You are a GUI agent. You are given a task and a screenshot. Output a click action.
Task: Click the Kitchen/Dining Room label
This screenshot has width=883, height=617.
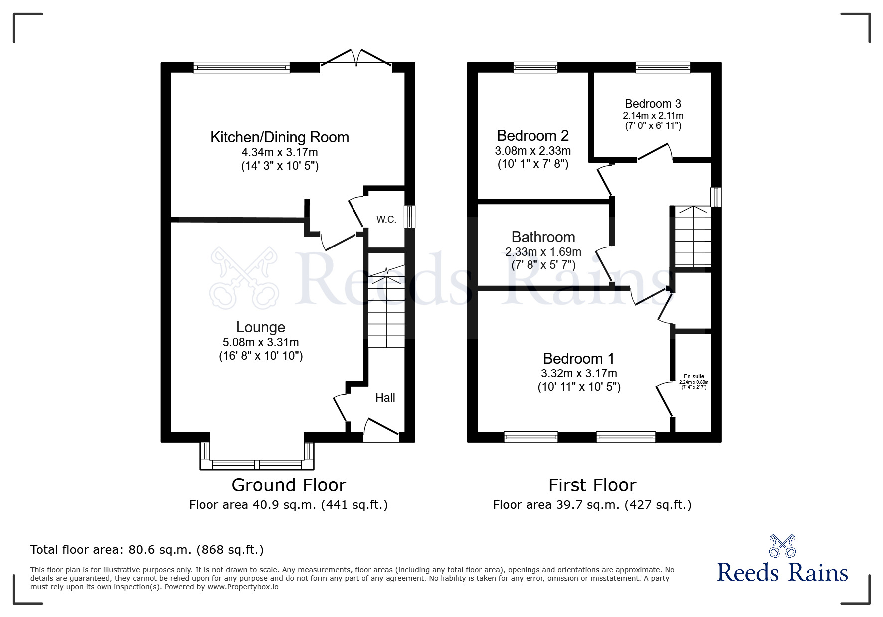(279, 137)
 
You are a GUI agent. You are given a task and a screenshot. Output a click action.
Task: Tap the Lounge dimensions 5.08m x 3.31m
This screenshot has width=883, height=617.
(261, 342)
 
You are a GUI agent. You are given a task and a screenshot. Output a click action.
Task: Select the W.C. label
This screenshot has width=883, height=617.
(386, 219)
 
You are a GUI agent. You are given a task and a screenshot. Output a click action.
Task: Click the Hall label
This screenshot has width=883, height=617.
(385, 397)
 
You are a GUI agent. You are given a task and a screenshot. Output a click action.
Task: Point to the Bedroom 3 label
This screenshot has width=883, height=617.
(653, 104)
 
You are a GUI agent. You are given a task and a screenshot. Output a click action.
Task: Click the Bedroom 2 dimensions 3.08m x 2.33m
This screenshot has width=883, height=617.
(532, 150)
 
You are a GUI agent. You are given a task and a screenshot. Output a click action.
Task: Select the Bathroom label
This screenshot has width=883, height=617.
(543, 237)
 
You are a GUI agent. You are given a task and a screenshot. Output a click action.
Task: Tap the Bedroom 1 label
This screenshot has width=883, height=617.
(578, 358)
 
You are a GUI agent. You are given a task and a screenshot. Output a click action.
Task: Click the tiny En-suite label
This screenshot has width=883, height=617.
(693, 376)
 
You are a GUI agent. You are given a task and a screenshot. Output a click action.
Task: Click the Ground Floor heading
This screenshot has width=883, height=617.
(289, 485)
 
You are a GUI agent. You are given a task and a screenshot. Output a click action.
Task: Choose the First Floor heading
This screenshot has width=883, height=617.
(592, 485)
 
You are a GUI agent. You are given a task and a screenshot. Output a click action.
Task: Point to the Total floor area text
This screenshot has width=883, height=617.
(147, 550)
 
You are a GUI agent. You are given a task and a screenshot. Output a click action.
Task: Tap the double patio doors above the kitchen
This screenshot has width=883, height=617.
(355, 58)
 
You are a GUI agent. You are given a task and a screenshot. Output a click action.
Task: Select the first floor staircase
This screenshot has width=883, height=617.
(693, 237)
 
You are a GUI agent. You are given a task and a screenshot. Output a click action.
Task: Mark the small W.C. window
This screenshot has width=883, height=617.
(409, 217)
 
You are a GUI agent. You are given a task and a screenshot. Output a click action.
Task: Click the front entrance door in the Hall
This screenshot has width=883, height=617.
(381, 429)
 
